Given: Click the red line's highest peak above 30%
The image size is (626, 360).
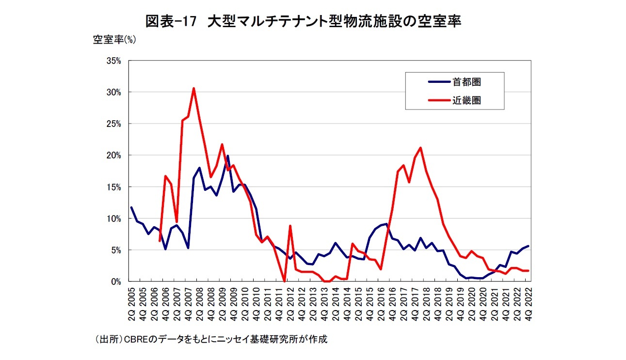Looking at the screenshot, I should [x=193, y=88].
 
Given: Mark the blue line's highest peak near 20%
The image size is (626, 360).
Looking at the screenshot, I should [x=227, y=156].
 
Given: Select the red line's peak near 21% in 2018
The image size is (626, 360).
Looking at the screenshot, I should [x=420, y=148].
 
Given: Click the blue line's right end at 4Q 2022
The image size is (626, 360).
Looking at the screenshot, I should [x=528, y=246].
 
